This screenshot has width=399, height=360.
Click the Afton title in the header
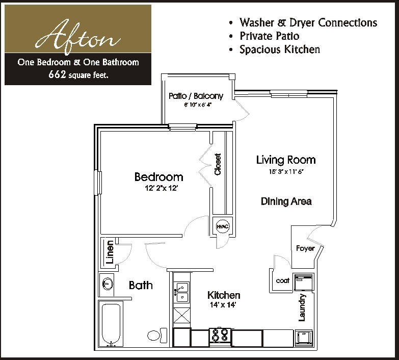tap(77, 36)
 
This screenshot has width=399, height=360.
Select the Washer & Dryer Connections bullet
tap(308, 23)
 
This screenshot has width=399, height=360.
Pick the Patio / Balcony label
tap(196, 96)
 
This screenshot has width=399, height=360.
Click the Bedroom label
tap(158, 177)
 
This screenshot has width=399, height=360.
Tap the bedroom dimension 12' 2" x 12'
tap(161, 188)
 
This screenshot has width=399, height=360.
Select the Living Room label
tap(285, 160)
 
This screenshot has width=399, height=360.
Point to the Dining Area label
tap(286, 201)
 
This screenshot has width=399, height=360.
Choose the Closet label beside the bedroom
tap(218, 165)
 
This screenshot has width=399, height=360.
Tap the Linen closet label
tap(110, 252)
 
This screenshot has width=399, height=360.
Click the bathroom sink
tap(108, 284)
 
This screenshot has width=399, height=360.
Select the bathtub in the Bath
tap(111, 324)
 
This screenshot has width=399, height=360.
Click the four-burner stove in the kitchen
tap(220, 336)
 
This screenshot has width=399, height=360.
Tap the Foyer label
tap(305, 248)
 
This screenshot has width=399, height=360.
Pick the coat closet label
tap(282, 280)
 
